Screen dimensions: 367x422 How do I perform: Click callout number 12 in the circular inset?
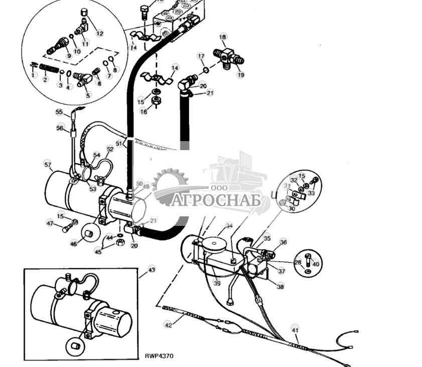point(99,34)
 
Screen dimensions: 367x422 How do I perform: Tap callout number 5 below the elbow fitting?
point(88,95)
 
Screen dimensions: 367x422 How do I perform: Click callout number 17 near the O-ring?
point(200,56)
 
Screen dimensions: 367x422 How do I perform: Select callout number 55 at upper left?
point(59,112)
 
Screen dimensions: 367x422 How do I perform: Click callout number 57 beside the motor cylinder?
point(48,164)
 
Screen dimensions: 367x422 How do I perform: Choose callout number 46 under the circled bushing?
point(74,243)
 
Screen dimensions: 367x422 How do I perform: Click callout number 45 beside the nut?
point(98,252)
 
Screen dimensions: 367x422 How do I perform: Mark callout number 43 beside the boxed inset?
point(152,270)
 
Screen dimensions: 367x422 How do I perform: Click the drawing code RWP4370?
point(159,356)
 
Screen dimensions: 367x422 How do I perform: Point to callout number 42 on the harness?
point(169,325)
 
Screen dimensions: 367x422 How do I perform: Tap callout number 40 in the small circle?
point(315,264)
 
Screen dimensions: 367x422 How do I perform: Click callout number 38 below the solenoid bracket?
point(279,287)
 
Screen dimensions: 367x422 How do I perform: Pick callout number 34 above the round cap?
point(229,225)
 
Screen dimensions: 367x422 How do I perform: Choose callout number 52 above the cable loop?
point(110,149)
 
